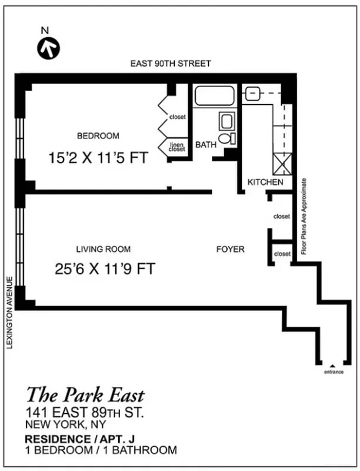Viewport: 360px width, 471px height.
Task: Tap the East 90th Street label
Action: [x=171, y=63]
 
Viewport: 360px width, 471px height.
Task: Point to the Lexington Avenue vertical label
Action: [x=9, y=312]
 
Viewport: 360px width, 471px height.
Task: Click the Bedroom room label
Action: [x=98, y=136]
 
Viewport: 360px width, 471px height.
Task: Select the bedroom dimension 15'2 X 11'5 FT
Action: [x=97, y=158]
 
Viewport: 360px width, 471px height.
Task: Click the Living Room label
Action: [x=104, y=249]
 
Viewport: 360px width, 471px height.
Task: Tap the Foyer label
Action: [x=230, y=249]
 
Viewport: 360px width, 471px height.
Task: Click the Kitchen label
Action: [x=265, y=183]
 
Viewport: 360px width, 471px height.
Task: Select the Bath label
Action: [x=206, y=144]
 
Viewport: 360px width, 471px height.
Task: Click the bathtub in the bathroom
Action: [x=215, y=96]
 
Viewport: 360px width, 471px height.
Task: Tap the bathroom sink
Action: [x=226, y=122]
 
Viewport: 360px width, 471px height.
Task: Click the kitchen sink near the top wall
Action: [x=253, y=92]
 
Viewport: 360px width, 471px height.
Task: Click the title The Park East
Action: [x=85, y=395]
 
